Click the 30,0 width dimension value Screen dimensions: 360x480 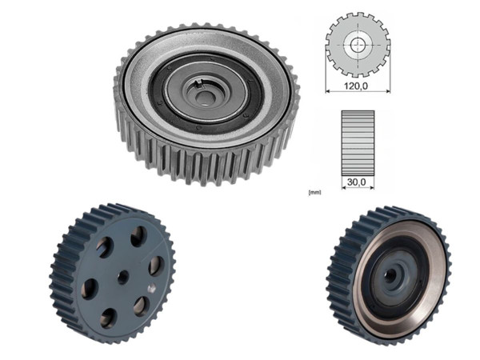357,183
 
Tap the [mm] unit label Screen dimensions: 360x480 314,192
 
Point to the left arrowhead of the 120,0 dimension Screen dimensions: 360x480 328,89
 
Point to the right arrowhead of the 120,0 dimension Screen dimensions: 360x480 387,89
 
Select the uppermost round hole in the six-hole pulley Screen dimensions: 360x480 138,236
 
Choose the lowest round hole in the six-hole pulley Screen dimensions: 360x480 107,317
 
